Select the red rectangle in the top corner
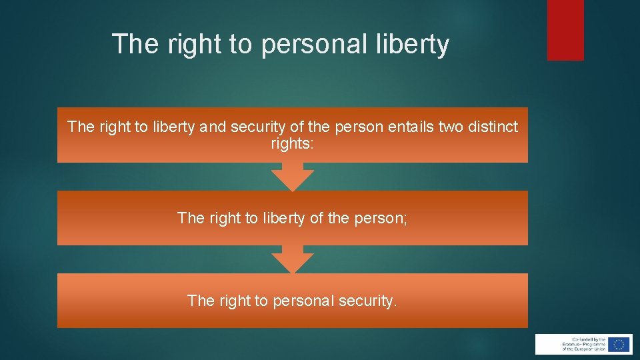point(565,30)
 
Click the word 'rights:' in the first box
point(292,143)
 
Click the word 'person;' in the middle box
point(382,218)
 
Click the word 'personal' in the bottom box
point(303,301)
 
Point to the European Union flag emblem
point(619,344)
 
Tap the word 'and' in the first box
point(213,127)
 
